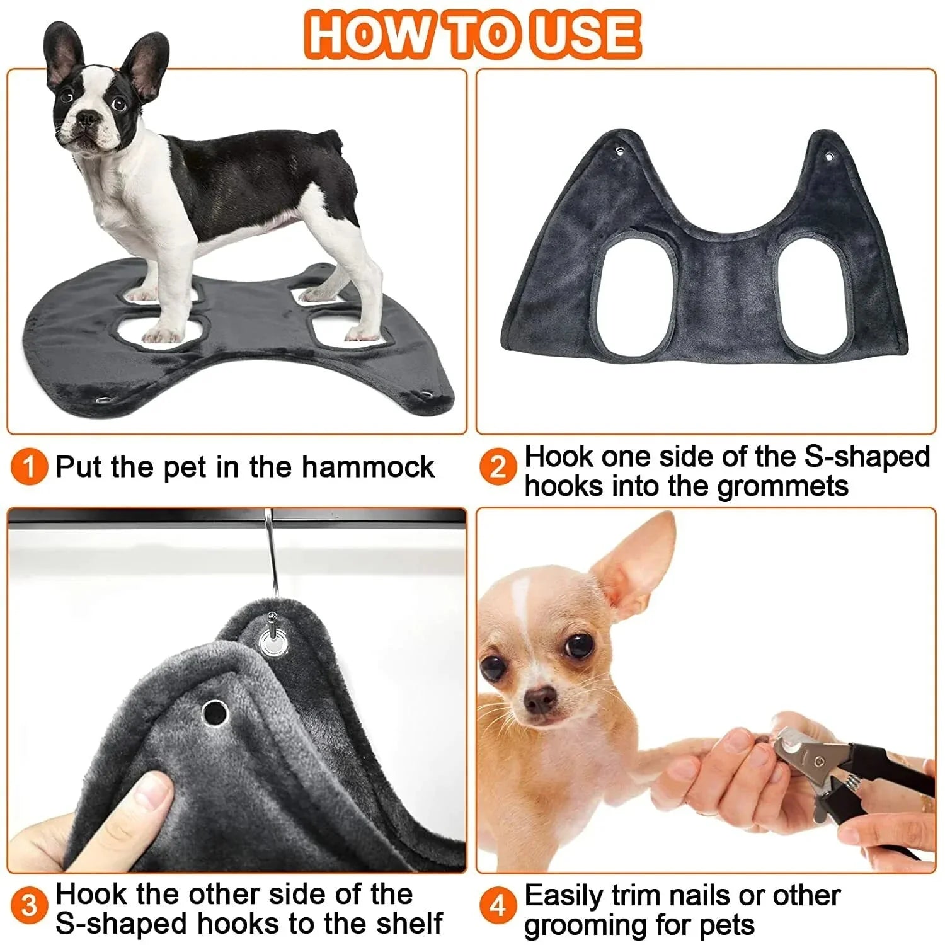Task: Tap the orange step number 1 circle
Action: coord(29,468)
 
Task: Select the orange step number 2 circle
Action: coord(498,468)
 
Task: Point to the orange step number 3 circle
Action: coord(29,906)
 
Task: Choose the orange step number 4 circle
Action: coord(498,906)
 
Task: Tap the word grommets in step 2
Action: coord(782,486)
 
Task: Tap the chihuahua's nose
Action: coord(540,697)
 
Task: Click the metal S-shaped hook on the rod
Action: coord(272,554)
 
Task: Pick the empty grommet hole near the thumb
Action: coord(215,713)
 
